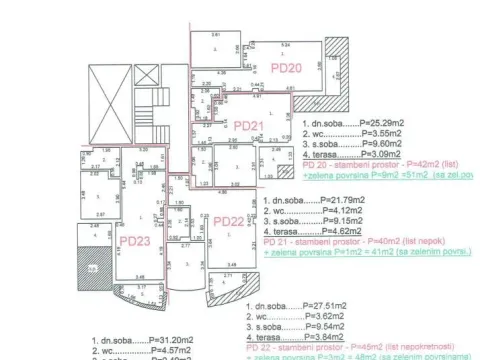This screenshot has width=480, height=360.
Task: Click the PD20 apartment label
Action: coord(286,66)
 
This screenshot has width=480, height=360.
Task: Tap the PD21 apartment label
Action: coord(248,126)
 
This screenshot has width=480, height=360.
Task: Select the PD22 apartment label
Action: coord(229,221)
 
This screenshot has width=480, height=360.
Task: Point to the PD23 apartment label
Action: coord(134,241)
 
